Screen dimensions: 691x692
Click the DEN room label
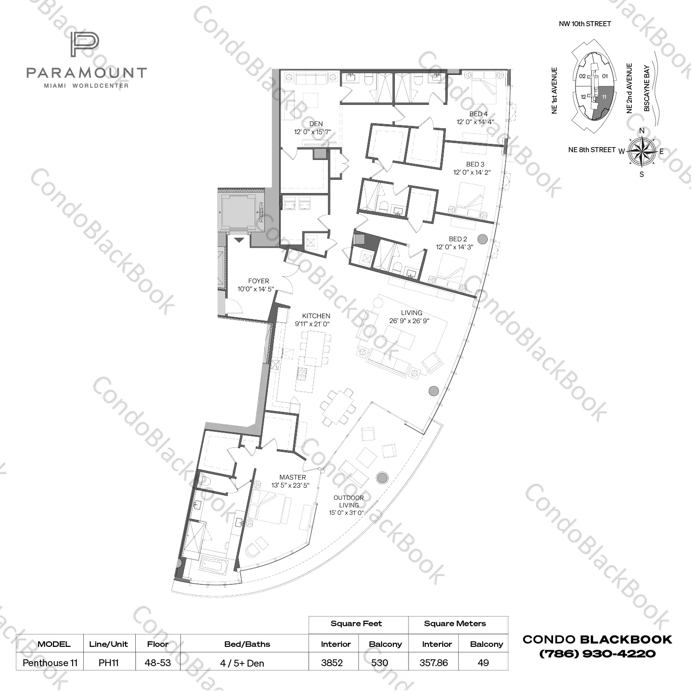(316, 124)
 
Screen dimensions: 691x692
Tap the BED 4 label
(479, 114)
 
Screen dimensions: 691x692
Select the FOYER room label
(258, 281)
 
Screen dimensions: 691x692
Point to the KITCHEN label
(316, 316)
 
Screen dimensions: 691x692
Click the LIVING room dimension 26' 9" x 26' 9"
(409, 321)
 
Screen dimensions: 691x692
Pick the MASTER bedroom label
(292, 477)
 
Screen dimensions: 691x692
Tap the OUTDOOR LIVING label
(348, 502)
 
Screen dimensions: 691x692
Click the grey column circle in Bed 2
(482, 239)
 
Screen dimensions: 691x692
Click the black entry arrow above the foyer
(239, 240)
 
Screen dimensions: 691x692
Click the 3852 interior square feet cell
(332, 662)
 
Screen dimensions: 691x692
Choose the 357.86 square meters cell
(433, 662)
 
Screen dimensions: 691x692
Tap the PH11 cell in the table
(109, 662)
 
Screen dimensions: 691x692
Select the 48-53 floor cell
(158, 662)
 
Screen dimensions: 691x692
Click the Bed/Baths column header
(247, 644)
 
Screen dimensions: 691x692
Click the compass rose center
(642, 151)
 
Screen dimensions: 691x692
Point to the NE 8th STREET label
(591, 150)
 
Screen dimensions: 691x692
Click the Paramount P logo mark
(85, 45)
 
